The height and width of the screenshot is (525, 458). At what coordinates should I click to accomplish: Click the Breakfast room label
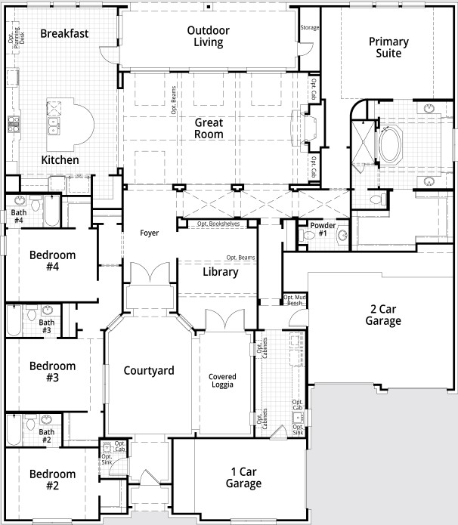point(64,33)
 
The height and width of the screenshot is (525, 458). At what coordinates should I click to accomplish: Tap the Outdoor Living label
point(208,36)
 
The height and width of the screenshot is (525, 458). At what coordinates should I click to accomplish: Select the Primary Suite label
point(388,48)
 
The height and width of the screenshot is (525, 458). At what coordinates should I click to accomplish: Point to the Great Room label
point(209,128)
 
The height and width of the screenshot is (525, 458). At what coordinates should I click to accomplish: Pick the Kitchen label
point(60,160)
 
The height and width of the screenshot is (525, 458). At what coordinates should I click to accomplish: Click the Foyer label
point(150,233)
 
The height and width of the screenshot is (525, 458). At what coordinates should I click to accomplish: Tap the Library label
point(220,272)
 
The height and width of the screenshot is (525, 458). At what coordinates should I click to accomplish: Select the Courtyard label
point(149,370)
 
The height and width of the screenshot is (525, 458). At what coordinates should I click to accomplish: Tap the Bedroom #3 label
point(53,372)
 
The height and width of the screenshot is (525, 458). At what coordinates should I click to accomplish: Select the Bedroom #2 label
point(53,480)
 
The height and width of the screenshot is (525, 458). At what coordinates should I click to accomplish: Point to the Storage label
point(309,27)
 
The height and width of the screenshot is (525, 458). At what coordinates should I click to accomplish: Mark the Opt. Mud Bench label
point(294,299)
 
